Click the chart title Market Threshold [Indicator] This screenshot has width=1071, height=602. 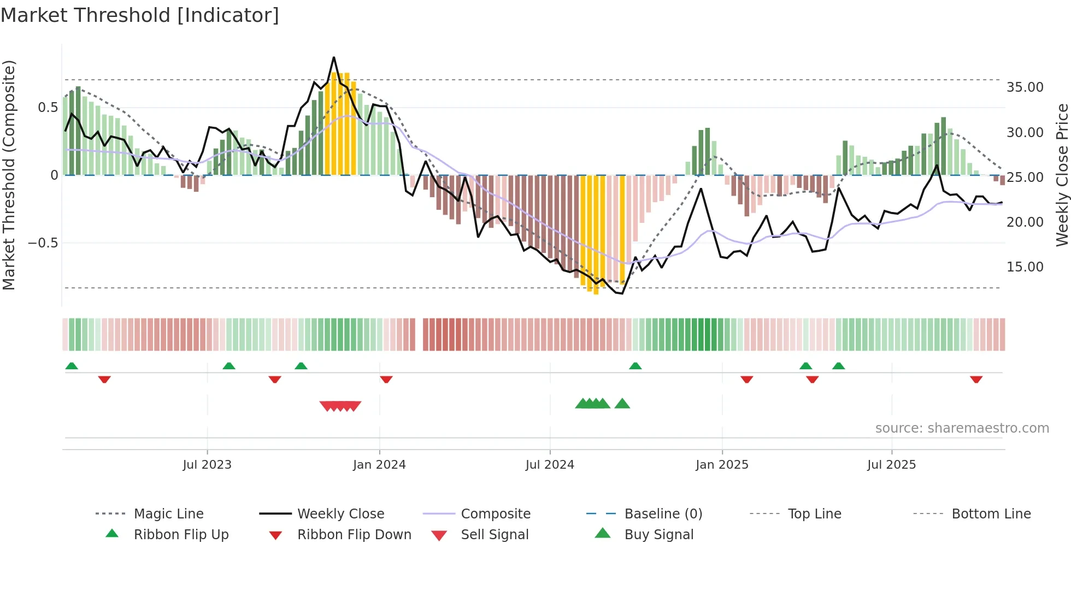(140, 15)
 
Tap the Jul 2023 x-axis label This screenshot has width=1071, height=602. (207, 465)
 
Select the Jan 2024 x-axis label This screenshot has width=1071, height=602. (379, 465)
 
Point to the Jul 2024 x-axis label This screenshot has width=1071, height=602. (550, 465)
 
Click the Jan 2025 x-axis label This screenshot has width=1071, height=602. (722, 465)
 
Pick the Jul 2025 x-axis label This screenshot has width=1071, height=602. (891, 465)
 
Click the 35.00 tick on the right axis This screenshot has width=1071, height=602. (1025, 87)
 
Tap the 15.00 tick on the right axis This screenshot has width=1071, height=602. (1025, 267)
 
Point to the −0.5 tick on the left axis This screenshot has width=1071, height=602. (43, 243)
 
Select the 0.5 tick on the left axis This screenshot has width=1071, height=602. (48, 108)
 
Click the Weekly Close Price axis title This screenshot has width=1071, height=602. (1062, 175)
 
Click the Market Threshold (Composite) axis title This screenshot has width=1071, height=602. (9, 175)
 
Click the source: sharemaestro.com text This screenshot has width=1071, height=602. (962, 428)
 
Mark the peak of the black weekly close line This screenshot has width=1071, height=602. (334, 57)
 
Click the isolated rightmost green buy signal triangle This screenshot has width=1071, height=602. (622, 404)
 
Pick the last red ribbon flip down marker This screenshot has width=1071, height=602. (976, 379)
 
